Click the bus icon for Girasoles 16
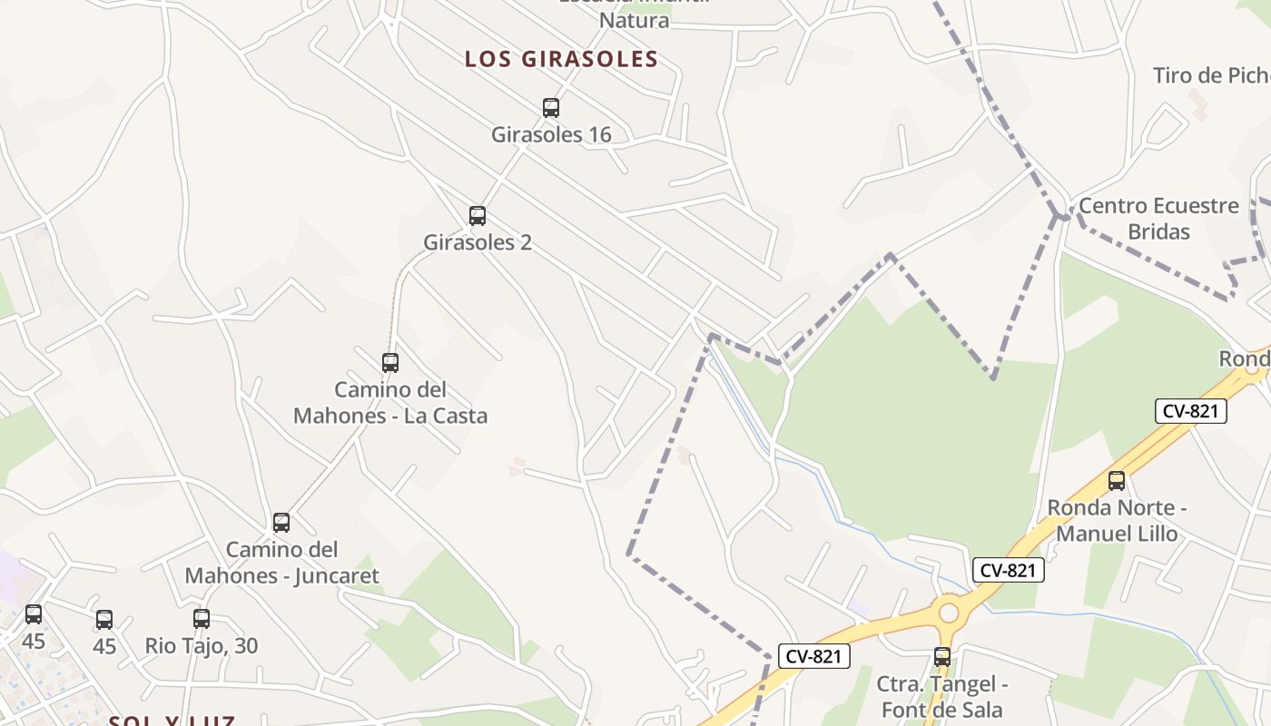click(x=551, y=108)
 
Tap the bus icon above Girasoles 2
click(x=478, y=216)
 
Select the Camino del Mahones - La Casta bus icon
click(x=390, y=363)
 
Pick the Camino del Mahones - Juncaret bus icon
click(x=281, y=523)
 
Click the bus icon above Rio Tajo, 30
click(x=202, y=619)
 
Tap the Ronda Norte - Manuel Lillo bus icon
click(x=1117, y=481)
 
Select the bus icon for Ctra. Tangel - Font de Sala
click(x=942, y=657)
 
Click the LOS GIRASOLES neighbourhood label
click(x=561, y=60)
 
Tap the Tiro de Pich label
click(x=1211, y=75)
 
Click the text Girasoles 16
click(x=551, y=135)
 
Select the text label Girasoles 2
click(x=478, y=243)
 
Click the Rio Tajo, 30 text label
click(x=202, y=646)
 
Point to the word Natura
click(x=635, y=20)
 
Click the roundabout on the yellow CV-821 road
click(x=949, y=613)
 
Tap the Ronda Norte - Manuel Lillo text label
click(x=1117, y=520)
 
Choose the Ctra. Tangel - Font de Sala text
click(x=942, y=696)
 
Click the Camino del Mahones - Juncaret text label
click(x=281, y=563)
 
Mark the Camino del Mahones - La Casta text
click(x=390, y=403)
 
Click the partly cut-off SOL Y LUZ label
click(x=172, y=721)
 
